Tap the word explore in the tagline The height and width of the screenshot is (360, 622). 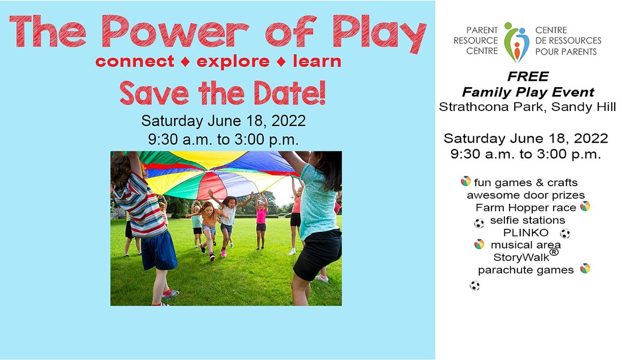click(233, 62)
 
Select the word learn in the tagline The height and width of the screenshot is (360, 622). click(317, 62)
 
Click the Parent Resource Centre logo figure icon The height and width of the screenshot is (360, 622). click(516, 41)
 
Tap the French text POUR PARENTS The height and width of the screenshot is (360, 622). click(566, 52)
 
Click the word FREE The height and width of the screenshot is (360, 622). click(528, 77)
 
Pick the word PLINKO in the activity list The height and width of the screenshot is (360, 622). click(526, 232)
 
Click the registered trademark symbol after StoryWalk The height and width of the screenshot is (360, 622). click(554, 253)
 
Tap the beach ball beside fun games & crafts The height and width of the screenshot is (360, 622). click(465, 182)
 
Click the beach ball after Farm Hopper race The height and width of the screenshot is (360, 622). click(585, 206)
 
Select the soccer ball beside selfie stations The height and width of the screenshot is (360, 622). click(479, 223)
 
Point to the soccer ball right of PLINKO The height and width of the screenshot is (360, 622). click(564, 233)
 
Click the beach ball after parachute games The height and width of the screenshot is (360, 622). click(585, 269)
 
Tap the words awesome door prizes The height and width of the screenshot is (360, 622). click(526, 195)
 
